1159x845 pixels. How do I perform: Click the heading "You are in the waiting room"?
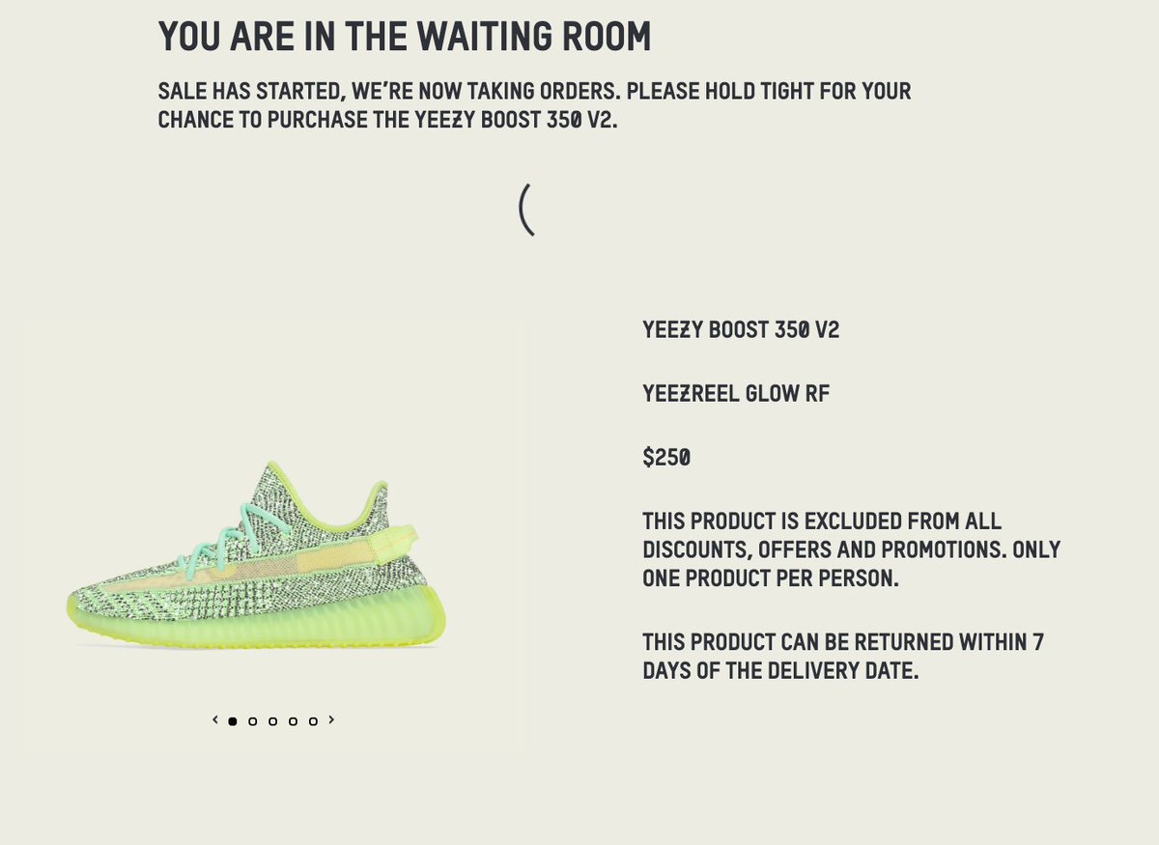pyautogui.click(x=405, y=37)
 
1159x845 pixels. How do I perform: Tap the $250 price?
pyautogui.click(x=666, y=458)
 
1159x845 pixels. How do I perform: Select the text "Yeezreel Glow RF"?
pyautogui.click(x=736, y=394)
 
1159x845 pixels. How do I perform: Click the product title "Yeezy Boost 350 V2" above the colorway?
pyautogui.click(x=741, y=330)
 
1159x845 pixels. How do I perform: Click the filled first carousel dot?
pyautogui.click(x=233, y=721)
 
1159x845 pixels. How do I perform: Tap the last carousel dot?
pyautogui.click(x=313, y=721)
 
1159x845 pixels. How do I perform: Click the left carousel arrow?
pyautogui.click(x=215, y=719)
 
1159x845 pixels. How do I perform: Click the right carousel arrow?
pyautogui.click(x=331, y=719)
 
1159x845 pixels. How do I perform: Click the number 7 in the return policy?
pyautogui.click(x=1037, y=642)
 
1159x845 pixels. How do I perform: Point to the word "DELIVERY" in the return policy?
pyautogui.click(x=809, y=671)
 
